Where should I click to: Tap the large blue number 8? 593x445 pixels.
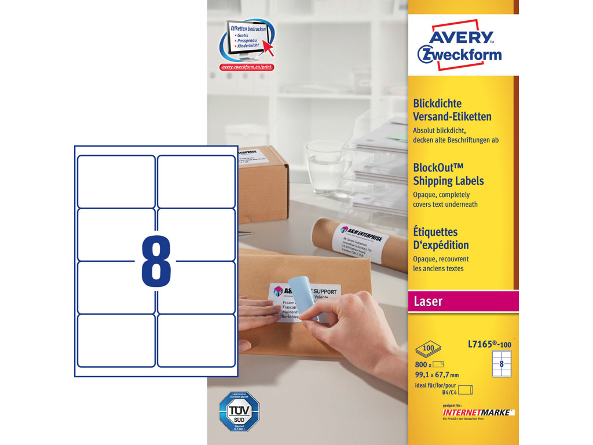(156, 261)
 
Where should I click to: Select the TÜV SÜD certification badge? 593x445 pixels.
(239, 411)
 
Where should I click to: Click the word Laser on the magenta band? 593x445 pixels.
(428, 301)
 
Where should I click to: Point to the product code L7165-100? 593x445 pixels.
(489, 345)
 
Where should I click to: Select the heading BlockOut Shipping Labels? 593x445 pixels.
(448, 174)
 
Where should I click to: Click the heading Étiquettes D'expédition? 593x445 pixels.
(441, 239)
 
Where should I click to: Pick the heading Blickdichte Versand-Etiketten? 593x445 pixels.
(452, 110)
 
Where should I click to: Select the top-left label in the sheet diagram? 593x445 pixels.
(116, 181)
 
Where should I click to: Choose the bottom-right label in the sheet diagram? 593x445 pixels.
(196, 340)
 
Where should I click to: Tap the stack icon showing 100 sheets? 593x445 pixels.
(428, 349)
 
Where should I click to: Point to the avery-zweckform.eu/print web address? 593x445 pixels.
(247, 67)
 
